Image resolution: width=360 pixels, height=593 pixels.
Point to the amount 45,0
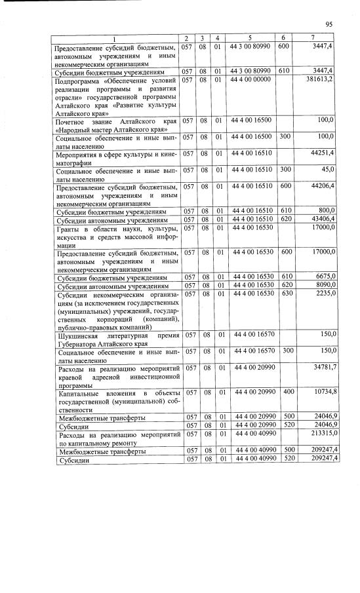point(327,170)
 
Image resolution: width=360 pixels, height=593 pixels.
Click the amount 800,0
point(326,212)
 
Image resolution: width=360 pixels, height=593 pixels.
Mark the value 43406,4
point(323,220)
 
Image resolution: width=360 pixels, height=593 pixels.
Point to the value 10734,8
point(323,392)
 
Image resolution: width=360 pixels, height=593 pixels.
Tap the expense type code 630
point(283,295)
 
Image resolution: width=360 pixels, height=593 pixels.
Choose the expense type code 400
point(283,392)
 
